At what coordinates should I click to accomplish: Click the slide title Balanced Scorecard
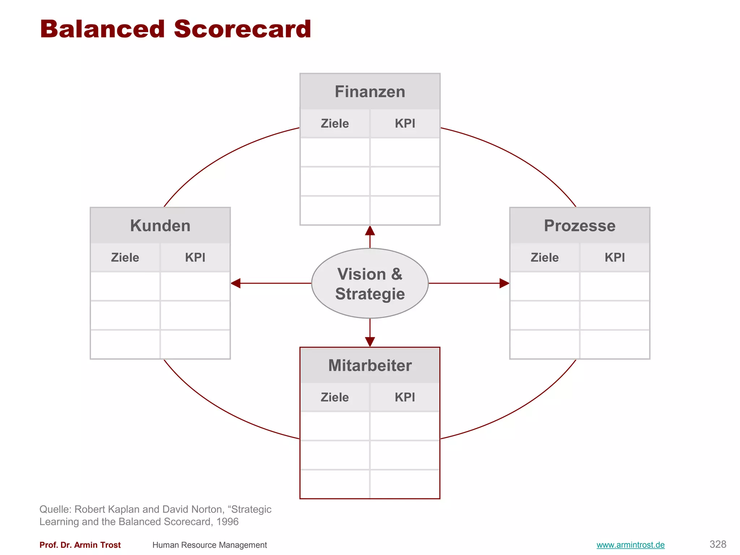point(176,29)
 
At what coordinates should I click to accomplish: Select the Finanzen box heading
point(370,91)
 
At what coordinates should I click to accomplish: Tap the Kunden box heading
point(160,225)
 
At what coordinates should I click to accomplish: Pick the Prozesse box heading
point(580,225)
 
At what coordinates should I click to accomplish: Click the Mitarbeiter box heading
point(370,365)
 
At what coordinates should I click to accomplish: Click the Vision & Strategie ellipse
point(370,284)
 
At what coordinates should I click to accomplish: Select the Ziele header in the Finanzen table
point(335,124)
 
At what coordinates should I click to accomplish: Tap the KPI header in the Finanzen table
point(405,124)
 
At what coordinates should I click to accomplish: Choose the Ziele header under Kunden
point(125,258)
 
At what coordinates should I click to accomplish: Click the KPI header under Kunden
point(195,258)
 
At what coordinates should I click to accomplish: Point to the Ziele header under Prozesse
point(545,258)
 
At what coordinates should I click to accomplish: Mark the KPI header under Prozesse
point(615,258)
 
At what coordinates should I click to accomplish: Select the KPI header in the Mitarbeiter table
point(405,397)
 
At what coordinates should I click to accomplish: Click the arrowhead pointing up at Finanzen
point(370,231)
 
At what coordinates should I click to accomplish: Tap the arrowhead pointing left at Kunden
point(236,283)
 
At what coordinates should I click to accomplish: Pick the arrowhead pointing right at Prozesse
point(504,283)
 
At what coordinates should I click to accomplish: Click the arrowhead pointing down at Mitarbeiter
point(370,341)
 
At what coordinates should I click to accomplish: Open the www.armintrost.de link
point(631,545)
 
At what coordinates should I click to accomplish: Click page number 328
point(718,544)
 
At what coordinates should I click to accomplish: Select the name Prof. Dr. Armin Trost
point(80,545)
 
